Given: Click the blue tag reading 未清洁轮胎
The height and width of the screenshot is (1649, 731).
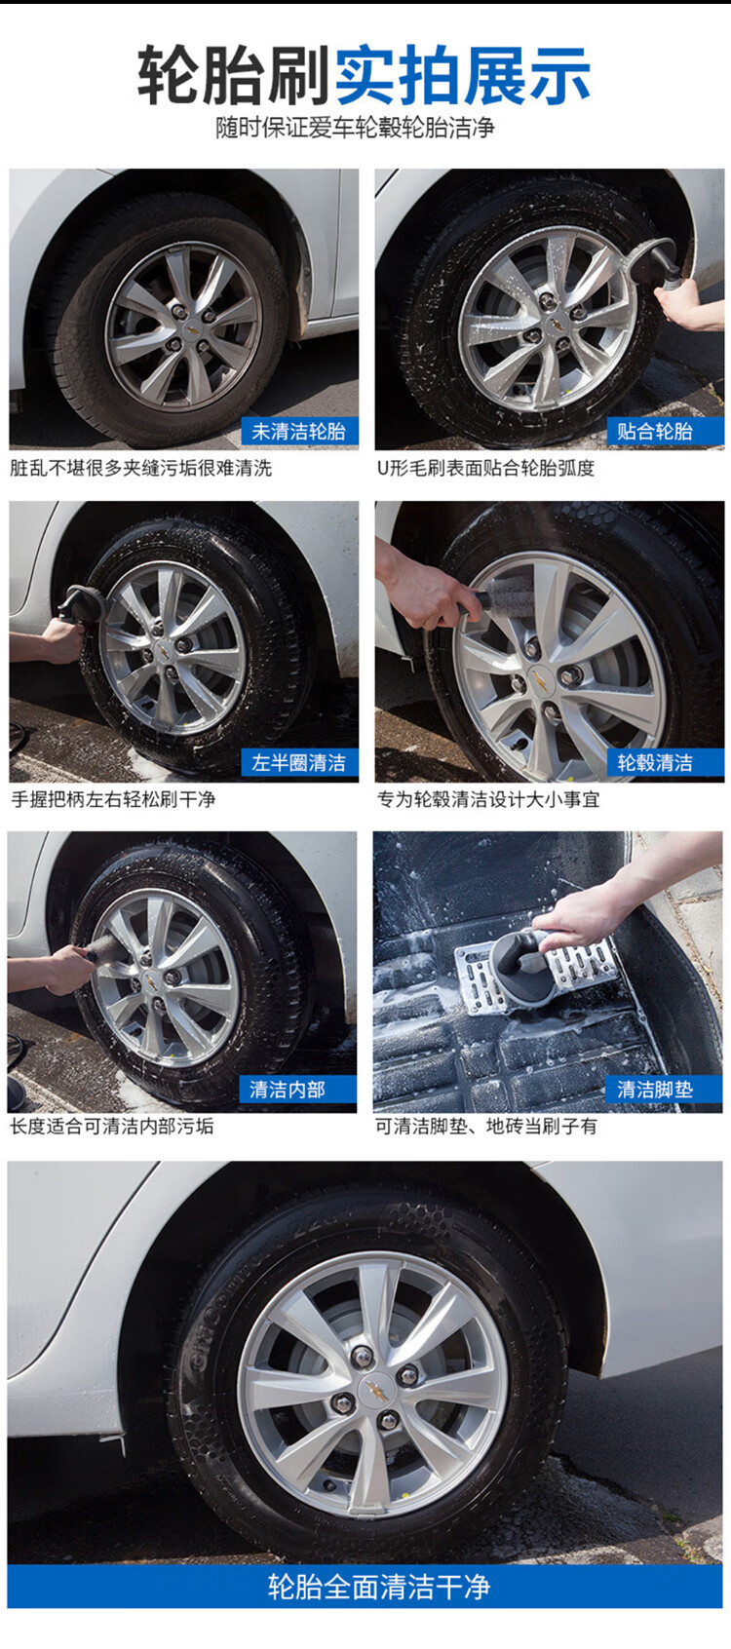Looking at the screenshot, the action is pyautogui.click(x=300, y=431).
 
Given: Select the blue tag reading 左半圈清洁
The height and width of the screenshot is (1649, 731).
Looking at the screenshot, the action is pyautogui.click(x=300, y=762).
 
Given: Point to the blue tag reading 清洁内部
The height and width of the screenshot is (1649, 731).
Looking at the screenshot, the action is pyautogui.click(x=298, y=1089).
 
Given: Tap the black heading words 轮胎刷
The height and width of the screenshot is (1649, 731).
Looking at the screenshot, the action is pyautogui.click(x=233, y=75).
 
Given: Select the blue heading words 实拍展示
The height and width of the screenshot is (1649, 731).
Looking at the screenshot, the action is pyautogui.click(x=462, y=75).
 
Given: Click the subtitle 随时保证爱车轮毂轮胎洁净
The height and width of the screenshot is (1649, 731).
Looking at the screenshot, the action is pyautogui.click(x=355, y=128).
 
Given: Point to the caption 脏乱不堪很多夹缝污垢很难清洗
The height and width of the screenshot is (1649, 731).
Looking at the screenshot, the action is pyautogui.click(x=140, y=468).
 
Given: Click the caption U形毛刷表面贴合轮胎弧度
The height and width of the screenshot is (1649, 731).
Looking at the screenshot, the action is pyautogui.click(x=485, y=468).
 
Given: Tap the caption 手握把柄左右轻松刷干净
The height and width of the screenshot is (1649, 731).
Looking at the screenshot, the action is pyautogui.click(x=113, y=799).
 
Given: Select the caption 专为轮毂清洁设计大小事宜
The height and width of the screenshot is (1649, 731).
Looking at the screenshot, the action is pyautogui.click(x=488, y=799).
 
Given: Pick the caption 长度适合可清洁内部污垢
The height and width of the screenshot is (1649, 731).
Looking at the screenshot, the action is pyautogui.click(x=112, y=1126).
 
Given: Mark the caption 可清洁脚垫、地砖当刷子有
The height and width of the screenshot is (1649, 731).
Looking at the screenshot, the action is pyautogui.click(x=485, y=1126).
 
